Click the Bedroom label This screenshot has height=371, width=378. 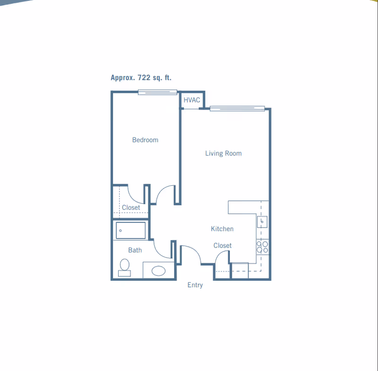[145, 140]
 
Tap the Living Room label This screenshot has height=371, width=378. [223, 153]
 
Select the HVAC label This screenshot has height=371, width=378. [192, 100]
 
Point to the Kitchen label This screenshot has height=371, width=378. [222, 229]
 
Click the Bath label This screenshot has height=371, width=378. [135, 250]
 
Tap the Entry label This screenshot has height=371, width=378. [195, 285]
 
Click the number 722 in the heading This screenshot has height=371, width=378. [144, 78]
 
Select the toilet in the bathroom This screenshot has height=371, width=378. [124, 267]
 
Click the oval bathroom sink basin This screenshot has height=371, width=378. [158, 271]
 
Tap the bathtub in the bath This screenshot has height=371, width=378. [131, 231]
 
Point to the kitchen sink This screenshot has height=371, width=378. [262, 222]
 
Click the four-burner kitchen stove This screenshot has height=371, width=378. [262, 247]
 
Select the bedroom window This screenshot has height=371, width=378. [157, 92]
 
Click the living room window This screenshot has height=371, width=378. [237, 109]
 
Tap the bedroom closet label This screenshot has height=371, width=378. [131, 207]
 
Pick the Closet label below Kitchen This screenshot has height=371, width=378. [223, 245]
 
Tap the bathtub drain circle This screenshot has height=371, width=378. [120, 231]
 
